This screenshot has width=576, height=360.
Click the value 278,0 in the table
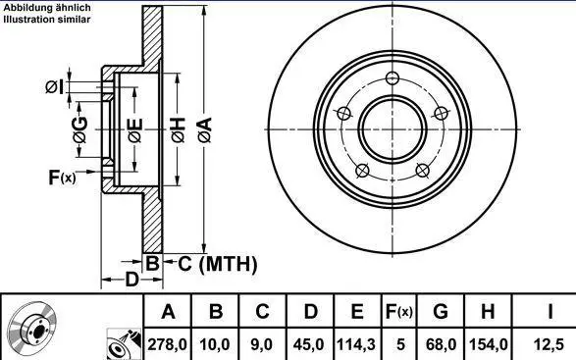coord(167,344)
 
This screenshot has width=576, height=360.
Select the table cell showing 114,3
coord(356,344)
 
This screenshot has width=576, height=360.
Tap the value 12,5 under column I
coord(549,344)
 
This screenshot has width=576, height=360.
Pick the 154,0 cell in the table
coord(489,344)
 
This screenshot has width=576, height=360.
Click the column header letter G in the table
coord(441,312)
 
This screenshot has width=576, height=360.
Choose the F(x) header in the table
coord(398,312)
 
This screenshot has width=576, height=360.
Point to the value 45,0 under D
coord(308,344)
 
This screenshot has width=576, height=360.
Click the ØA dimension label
coord(205,129)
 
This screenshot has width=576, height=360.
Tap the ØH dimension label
coord(179,130)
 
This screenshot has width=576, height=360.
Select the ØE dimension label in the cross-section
coord(135,130)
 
